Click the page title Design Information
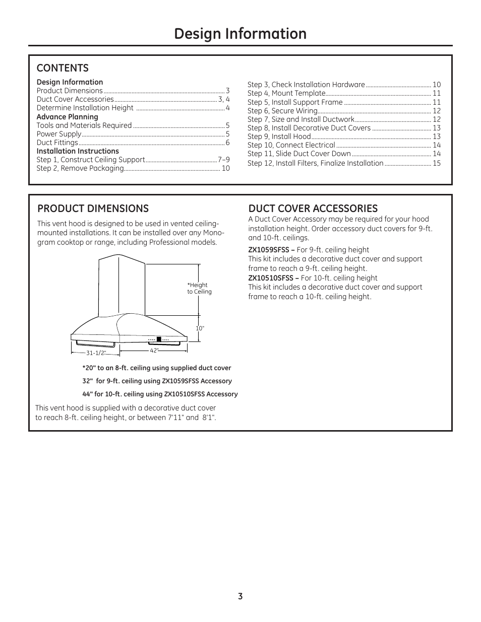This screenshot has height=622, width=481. pos(240,34)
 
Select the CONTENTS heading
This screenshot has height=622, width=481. pos(63,68)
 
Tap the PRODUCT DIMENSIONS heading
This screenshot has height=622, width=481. pos(93,209)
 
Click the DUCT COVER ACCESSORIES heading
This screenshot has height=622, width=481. pos(313,209)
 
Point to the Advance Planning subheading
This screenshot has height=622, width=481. pos(67,117)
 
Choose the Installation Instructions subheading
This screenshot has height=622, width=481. pos(78,151)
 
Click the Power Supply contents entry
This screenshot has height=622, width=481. pos(59,134)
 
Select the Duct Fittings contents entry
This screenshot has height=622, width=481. pos(57,143)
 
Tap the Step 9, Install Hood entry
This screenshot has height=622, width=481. pos(279,136)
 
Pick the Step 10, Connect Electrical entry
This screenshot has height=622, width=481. pos(291,145)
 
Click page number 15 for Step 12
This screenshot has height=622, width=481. pos(437,163)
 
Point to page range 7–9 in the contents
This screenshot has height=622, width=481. pos(224,160)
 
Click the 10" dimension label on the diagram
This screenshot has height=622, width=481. pos(200,328)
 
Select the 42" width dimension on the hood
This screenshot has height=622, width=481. pos(154,351)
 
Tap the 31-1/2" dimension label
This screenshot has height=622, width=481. pos(96,353)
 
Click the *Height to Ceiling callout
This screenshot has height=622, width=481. pos(199,289)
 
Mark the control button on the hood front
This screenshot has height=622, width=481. pos(158,339)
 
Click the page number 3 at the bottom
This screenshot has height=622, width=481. pos(240,596)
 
